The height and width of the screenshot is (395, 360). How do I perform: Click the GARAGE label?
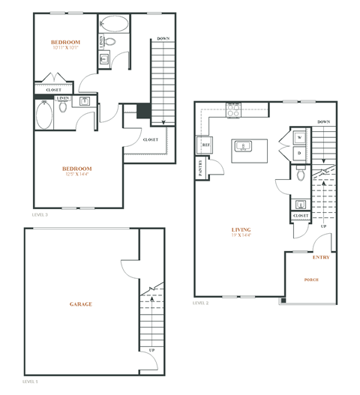81,304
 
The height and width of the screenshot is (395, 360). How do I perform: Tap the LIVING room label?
241,229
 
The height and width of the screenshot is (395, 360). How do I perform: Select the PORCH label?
310,280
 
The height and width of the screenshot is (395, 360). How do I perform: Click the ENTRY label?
320,257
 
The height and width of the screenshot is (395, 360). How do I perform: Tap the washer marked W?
299,138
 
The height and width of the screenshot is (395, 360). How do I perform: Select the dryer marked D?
299,152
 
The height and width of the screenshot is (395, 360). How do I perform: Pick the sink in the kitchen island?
242,145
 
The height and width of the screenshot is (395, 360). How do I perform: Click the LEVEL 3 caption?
40,214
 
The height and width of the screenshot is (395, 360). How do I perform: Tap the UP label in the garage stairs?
151,350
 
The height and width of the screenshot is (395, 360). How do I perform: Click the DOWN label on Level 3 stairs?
163,38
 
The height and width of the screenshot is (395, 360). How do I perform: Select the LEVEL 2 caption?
200,304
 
